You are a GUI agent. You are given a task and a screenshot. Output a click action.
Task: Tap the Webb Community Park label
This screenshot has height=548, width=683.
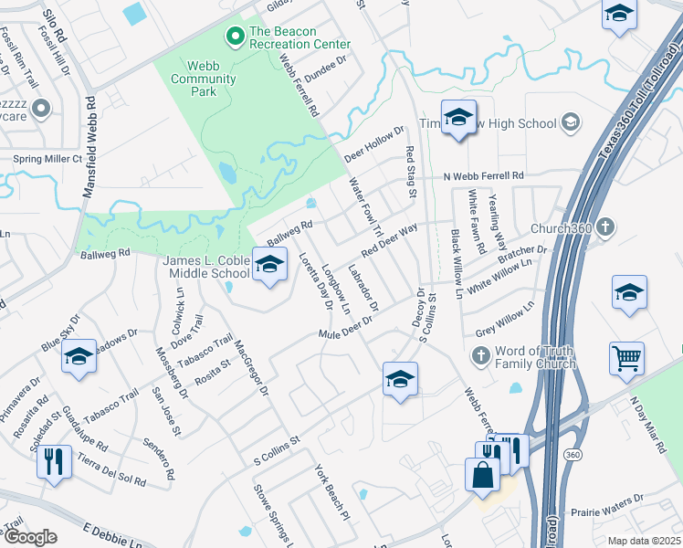point(203,72)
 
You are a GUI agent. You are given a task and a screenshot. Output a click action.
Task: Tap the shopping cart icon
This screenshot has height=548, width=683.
point(626,357)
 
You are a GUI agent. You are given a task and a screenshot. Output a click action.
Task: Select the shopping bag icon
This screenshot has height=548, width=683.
point(481,474)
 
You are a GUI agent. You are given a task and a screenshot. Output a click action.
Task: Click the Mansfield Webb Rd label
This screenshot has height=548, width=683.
point(90,145)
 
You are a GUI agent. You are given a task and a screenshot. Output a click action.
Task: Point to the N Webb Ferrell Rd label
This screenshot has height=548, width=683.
point(483,175)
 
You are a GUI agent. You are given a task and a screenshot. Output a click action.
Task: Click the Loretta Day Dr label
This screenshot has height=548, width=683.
point(310,282)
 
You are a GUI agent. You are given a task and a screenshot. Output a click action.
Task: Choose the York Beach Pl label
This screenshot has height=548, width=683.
point(332,491)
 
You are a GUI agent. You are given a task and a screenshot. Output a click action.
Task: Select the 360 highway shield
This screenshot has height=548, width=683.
point(573,454)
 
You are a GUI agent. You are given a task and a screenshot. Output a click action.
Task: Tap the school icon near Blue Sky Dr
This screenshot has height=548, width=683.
point(79,356)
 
